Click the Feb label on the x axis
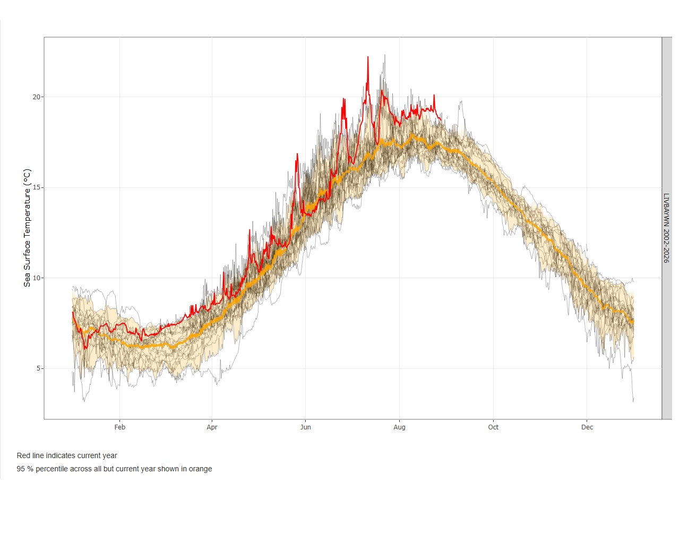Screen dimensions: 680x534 point(119,427)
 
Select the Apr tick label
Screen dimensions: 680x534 point(212,427)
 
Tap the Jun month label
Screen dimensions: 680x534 point(305,427)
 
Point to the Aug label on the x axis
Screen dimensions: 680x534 point(399,427)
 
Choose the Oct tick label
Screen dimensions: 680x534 point(493,427)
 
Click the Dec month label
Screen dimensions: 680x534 point(587,427)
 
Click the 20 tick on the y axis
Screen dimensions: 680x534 point(37,97)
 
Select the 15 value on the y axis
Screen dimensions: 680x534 point(37,187)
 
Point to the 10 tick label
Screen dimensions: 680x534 point(37,278)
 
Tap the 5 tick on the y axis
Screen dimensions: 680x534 point(39,368)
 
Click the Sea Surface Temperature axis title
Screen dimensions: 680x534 point(27,228)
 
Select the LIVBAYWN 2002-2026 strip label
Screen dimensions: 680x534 point(667,228)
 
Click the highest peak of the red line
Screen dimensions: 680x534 point(368,57)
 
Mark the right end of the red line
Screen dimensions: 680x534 point(441,119)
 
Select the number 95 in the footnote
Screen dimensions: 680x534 point(21,469)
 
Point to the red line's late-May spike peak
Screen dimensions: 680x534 point(297,153)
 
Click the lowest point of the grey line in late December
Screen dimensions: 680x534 point(633,401)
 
